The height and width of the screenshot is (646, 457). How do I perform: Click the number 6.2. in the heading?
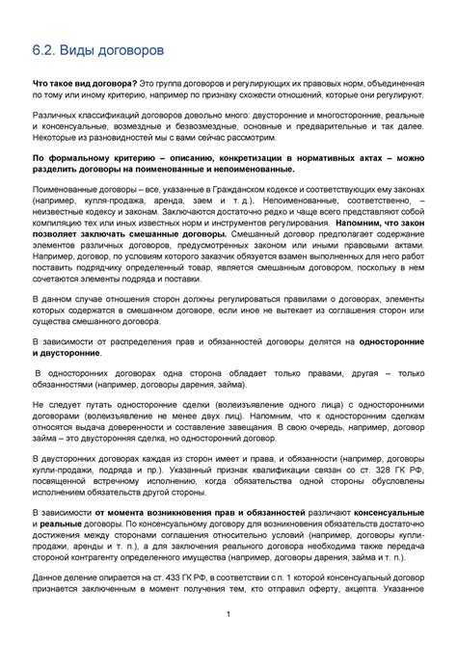[47, 47]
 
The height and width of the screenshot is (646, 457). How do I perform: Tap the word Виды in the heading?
[88, 47]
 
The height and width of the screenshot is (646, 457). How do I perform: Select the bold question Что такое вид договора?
[84, 86]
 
